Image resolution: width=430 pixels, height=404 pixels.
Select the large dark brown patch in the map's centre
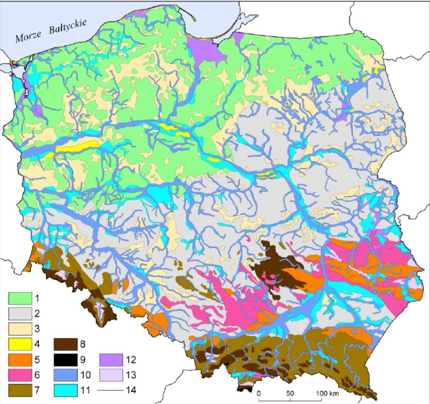[275, 268]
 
